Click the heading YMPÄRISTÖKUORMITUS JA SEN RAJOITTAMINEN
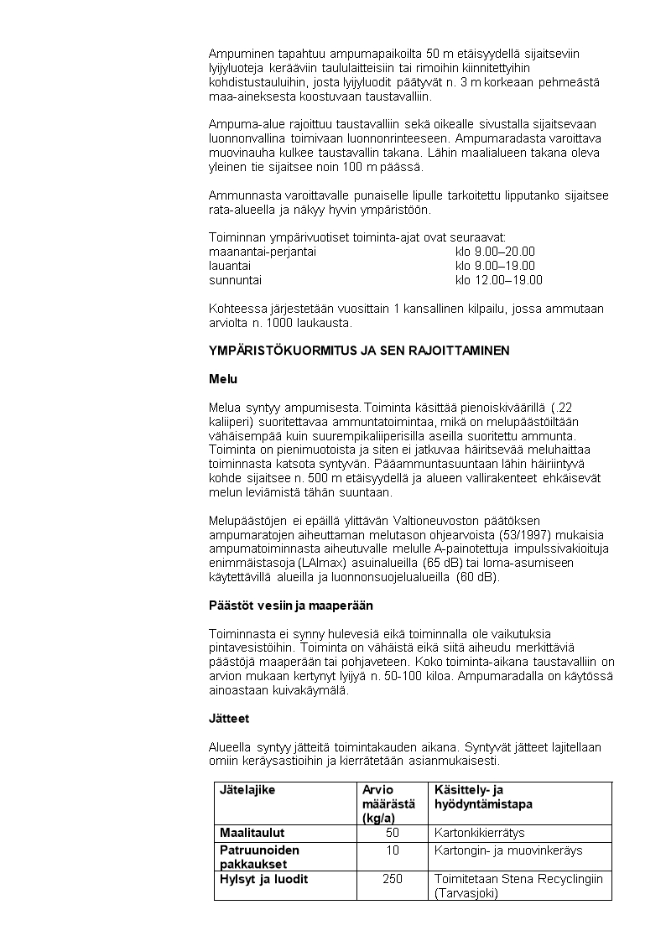[358, 351]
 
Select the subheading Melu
[222, 379]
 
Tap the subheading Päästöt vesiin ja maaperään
[290, 605]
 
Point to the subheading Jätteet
[229, 719]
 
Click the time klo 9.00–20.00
[495, 252]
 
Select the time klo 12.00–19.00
[498, 280]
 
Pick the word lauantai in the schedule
[231, 266]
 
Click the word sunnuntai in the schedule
[235, 280]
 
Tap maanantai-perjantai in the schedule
[262, 252]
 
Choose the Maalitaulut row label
[252, 833]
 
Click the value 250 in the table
[392, 879]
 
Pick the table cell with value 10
[392, 850]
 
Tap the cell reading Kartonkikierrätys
[479, 833]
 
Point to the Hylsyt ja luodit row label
[263, 879]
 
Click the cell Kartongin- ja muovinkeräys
[508, 850]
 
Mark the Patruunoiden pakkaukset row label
[259, 856]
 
